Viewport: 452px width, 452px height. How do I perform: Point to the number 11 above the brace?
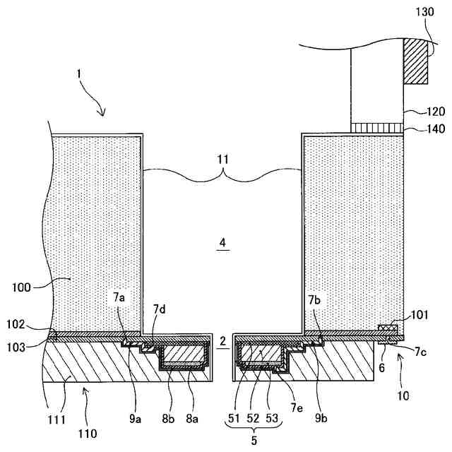(222, 160)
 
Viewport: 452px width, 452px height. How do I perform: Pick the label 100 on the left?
(23, 288)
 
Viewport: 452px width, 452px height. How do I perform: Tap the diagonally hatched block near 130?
(417, 62)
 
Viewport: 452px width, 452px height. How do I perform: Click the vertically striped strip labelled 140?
(377, 126)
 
